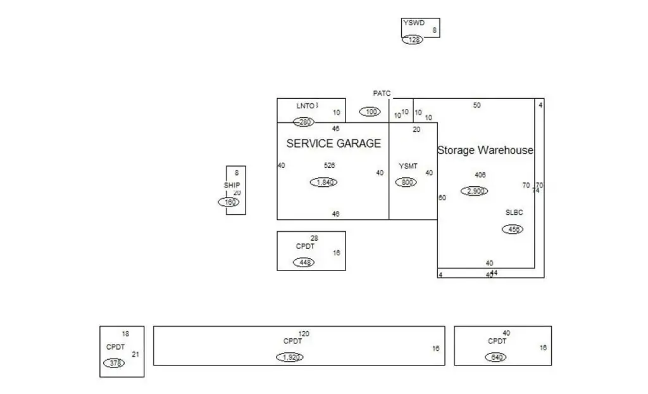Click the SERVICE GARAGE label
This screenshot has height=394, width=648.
pyautogui.click(x=333, y=144)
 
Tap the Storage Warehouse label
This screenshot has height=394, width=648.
pyautogui.click(x=485, y=151)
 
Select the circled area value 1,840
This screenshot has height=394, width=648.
pyautogui.click(x=324, y=182)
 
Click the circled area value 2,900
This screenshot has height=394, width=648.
pyautogui.click(x=474, y=191)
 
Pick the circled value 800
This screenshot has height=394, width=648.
pyautogui.click(x=406, y=182)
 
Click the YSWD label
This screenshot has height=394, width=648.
pyautogui.click(x=414, y=23)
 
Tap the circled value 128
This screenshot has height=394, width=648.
pyautogui.click(x=413, y=40)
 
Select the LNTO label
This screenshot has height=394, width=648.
pyautogui.click(x=306, y=106)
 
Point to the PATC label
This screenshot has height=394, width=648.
pyautogui.click(x=382, y=94)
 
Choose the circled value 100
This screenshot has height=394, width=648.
pyautogui.click(x=370, y=112)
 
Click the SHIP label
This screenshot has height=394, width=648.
pyautogui.click(x=232, y=186)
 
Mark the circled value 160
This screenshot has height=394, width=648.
pyautogui.click(x=229, y=202)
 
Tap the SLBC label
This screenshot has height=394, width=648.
pyautogui.click(x=514, y=212)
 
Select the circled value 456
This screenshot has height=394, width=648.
pyautogui.click(x=513, y=229)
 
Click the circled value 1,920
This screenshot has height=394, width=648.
pyautogui.click(x=290, y=357)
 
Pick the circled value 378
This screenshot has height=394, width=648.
pyautogui.click(x=114, y=363)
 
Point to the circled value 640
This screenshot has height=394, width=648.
pyautogui.click(x=497, y=357)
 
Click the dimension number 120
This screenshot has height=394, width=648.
pyautogui.click(x=304, y=334)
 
